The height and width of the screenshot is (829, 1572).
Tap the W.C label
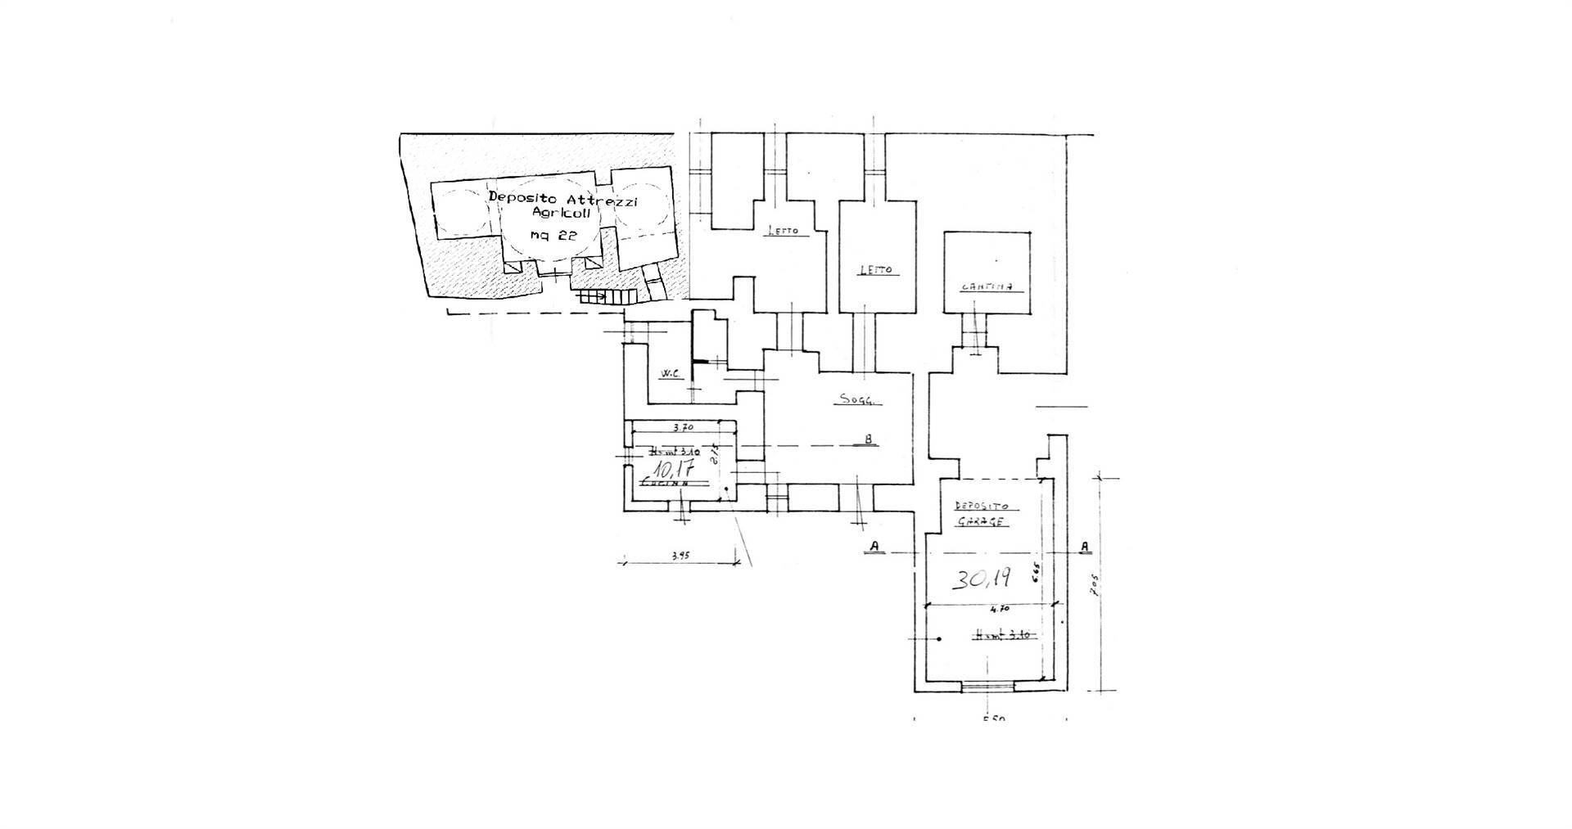tap(671, 374)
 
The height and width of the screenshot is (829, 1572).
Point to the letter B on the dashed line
tap(868, 439)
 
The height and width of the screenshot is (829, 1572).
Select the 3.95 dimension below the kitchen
tap(680, 556)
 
